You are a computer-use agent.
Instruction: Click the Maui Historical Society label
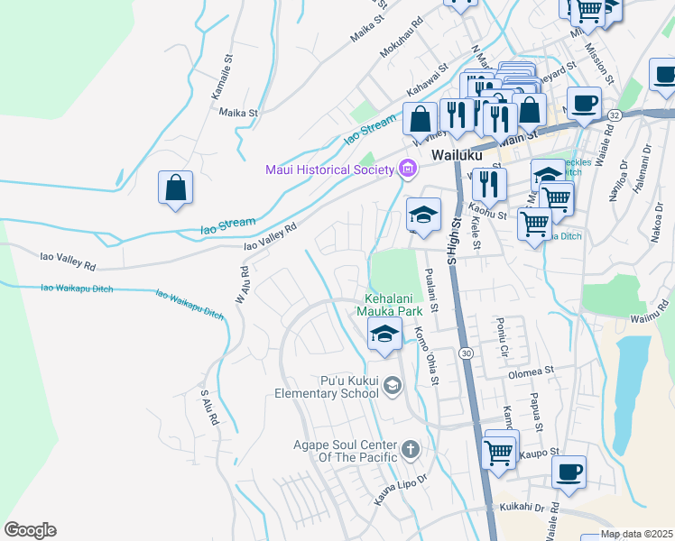pyautogui.click(x=328, y=170)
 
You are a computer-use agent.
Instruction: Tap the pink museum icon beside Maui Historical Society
pyautogui.click(x=407, y=169)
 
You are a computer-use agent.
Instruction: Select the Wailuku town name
pyautogui.click(x=459, y=155)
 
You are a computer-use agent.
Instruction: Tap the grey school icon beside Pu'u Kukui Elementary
pyautogui.click(x=392, y=387)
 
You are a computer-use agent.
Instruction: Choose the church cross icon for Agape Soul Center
pyautogui.click(x=410, y=448)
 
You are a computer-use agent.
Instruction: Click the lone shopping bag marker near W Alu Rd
pyautogui.click(x=176, y=189)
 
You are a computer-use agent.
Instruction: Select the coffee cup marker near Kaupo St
pyautogui.click(x=569, y=472)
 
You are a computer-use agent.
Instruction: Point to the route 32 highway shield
pyautogui.click(x=615, y=115)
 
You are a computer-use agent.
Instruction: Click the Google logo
pyautogui.click(x=30, y=530)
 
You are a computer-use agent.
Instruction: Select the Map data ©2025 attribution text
pyautogui.click(x=636, y=534)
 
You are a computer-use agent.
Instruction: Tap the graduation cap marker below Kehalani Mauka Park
pyautogui.click(x=384, y=334)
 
